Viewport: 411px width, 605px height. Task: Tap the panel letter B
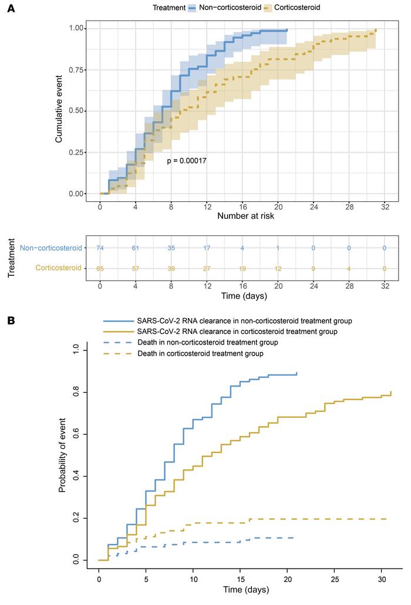10,321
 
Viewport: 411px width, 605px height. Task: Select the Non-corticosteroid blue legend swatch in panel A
195,8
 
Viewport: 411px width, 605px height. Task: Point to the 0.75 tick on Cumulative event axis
76,69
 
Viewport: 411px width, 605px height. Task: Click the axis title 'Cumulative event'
59,110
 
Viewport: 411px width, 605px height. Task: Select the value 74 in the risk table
100,248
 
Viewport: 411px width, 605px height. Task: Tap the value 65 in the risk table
100,268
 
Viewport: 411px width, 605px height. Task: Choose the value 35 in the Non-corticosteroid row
171,248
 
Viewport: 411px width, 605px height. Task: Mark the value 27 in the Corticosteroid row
207,268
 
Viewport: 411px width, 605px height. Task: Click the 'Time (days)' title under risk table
243,296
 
